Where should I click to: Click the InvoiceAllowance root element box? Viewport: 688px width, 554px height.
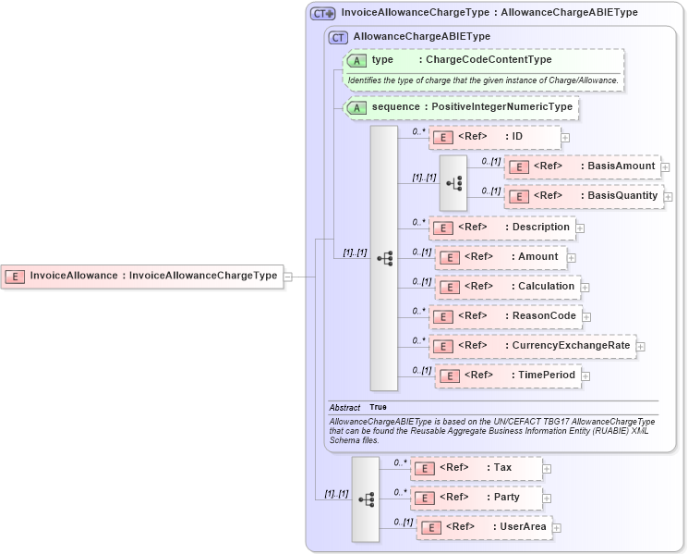[142, 276]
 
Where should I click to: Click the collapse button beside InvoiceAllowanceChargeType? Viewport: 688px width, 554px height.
[288, 276]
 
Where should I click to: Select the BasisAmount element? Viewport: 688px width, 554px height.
[582, 166]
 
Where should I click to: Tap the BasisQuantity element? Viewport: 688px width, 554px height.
[584, 196]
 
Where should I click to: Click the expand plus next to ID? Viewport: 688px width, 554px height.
[565, 138]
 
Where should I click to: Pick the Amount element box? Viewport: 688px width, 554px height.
[500, 257]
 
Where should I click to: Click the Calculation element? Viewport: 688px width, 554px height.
[508, 287]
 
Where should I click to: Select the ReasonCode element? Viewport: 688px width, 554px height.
[505, 316]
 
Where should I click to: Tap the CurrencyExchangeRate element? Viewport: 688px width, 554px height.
[532, 346]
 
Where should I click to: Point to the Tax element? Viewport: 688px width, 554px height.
[476, 468]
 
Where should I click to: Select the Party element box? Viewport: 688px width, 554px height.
[476, 498]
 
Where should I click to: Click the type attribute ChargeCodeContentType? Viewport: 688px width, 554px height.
[484, 60]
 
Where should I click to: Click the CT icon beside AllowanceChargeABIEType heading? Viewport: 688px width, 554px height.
[338, 37]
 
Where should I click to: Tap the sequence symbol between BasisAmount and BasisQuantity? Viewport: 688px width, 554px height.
[453, 182]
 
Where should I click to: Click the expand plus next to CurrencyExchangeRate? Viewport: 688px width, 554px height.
[641, 347]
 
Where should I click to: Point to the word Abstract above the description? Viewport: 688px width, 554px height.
[344, 408]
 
